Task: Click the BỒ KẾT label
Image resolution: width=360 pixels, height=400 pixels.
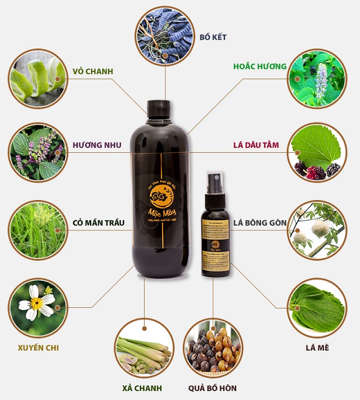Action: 213,38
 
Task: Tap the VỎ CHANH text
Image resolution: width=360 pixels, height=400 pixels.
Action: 93,71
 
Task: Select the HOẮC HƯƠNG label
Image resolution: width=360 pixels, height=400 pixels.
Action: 260,66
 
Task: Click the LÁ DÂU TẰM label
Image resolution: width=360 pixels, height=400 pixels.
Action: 256,145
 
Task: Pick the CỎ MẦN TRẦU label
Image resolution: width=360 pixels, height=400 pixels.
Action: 98,222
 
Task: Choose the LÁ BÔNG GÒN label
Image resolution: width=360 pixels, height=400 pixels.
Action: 260,222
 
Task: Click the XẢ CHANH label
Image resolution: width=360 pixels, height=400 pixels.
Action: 142,388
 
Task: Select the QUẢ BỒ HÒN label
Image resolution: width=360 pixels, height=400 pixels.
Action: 213,388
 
